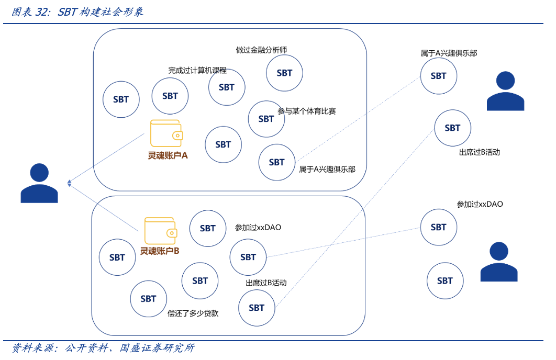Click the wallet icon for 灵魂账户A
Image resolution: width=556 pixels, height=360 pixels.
[x=166, y=133]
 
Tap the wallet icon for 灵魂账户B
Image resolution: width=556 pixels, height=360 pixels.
[x=160, y=231]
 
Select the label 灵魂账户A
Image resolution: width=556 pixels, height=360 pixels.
[x=168, y=155]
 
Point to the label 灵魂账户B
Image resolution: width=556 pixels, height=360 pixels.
[x=160, y=251]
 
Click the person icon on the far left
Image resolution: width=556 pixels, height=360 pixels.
[x=39, y=183]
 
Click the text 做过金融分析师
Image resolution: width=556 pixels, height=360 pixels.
[x=261, y=50]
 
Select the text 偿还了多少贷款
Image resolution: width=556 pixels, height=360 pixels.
[x=193, y=313]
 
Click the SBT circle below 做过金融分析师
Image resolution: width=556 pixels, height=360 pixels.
[x=284, y=73]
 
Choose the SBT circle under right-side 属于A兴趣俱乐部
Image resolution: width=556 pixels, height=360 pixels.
[x=438, y=76]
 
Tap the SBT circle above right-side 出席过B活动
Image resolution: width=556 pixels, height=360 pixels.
[x=452, y=128]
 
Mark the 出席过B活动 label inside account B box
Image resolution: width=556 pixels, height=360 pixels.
[x=266, y=283]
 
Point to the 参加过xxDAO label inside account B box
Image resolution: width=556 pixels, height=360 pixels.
[x=258, y=228]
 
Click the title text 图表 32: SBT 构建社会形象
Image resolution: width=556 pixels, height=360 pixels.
[x=77, y=12]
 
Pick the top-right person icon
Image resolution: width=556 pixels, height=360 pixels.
[x=505, y=91]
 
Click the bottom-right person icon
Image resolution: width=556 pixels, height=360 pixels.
[x=499, y=262]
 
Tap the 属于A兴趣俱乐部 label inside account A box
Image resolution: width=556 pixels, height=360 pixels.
[x=327, y=170]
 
